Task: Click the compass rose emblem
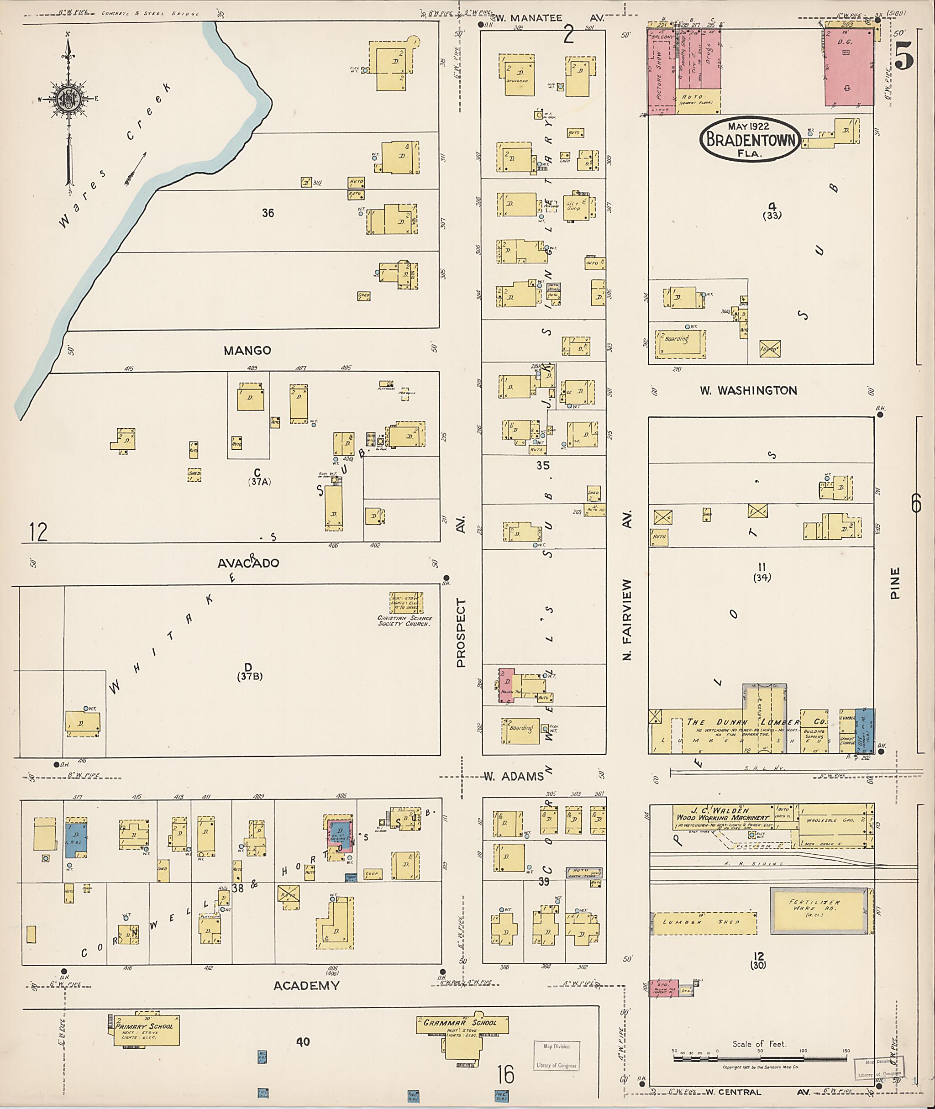pos(68,99)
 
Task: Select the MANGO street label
pos(247,350)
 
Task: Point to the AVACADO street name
pos(248,563)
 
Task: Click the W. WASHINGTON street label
pos(748,391)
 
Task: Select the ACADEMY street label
pos(306,985)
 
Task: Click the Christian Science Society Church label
pos(405,621)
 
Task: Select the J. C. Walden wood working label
pos(723,814)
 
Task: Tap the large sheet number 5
pos(904,56)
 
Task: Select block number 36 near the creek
pos(268,213)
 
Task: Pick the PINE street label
pos(895,583)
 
